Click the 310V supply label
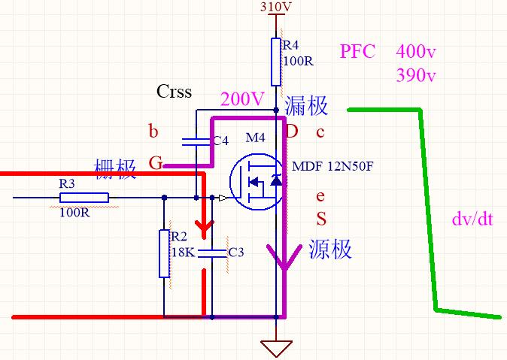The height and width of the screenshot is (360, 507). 275,7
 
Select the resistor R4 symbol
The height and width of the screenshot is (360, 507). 276,62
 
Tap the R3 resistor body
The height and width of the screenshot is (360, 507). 84,198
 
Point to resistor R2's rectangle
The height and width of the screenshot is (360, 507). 164,254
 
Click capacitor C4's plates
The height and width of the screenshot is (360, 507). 196,142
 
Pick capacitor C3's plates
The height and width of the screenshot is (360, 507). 212,253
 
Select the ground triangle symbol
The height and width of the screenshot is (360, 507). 276,349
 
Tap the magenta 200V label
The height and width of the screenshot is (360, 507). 242,99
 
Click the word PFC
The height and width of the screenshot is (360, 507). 357,51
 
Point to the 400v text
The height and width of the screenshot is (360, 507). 416,51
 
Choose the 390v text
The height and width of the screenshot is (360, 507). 416,75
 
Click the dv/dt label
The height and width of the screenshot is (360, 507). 472,219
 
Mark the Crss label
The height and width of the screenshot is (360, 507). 174,91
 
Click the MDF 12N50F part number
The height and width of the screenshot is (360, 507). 332,166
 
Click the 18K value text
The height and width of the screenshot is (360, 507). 183,252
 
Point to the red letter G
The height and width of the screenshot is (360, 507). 156,163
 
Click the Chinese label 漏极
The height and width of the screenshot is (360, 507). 306,106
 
